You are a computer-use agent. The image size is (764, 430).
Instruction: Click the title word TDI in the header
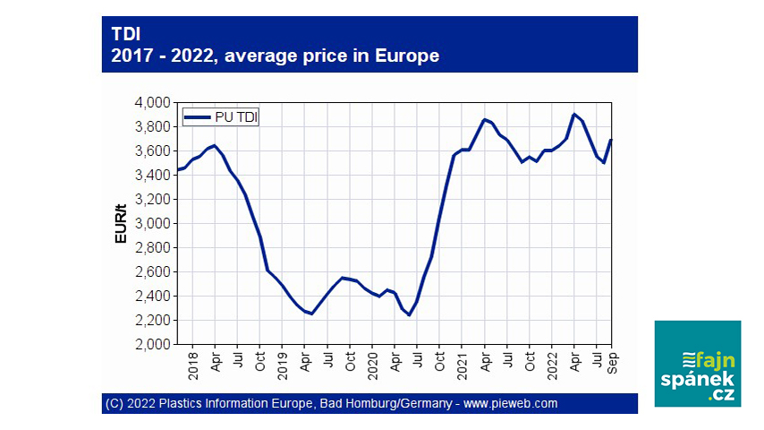tap(125, 33)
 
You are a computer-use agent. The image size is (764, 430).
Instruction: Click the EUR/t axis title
tap(120, 224)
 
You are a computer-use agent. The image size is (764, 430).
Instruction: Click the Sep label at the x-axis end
tap(612, 359)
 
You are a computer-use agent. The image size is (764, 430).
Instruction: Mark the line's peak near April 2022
tap(573, 114)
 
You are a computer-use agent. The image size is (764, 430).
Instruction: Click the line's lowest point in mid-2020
tap(409, 315)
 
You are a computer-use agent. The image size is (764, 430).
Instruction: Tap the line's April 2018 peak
tap(215, 145)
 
